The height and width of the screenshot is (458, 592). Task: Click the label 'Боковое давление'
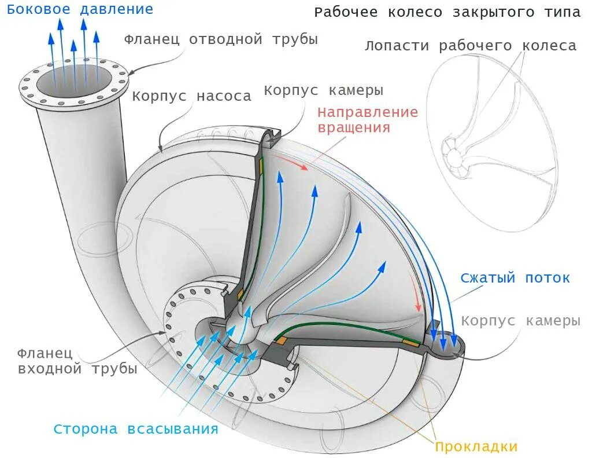pyautogui.click(x=80, y=10)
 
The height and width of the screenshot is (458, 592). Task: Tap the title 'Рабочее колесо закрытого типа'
pyautogui.click(x=447, y=13)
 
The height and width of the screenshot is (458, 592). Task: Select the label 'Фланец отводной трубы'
pyautogui.click(x=221, y=39)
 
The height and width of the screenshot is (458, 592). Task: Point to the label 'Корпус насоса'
pyautogui.click(x=191, y=96)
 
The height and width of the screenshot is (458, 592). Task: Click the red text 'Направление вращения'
pyautogui.click(x=367, y=119)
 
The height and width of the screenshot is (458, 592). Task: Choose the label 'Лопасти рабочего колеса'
pyautogui.click(x=470, y=46)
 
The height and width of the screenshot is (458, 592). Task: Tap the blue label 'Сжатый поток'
pyautogui.click(x=515, y=278)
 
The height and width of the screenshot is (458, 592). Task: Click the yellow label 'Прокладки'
pyautogui.click(x=476, y=446)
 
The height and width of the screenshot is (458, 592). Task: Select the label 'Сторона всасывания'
pyautogui.click(x=136, y=429)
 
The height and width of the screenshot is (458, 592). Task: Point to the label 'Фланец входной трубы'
pyautogui.click(x=77, y=361)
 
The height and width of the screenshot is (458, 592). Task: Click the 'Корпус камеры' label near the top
pyautogui.click(x=324, y=91)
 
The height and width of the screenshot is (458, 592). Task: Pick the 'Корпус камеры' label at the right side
pyautogui.click(x=520, y=321)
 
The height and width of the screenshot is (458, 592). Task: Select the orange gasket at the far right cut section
pyautogui.click(x=411, y=345)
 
